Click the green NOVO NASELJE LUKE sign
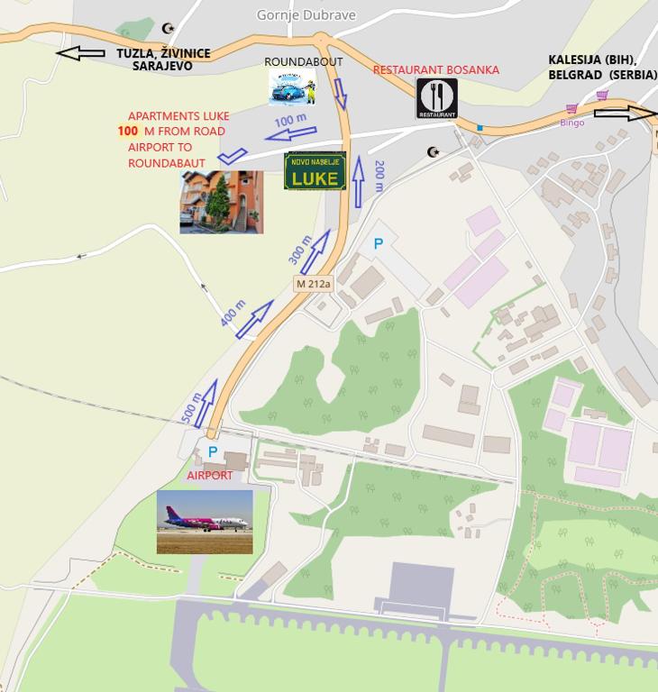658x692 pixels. (315, 171)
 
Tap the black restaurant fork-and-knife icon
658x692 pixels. (436, 98)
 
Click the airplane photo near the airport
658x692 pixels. (205, 522)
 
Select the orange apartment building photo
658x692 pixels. (221, 203)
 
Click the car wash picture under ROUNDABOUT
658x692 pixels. (292, 87)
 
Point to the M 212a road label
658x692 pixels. (314, 284)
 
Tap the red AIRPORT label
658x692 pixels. (209, 475)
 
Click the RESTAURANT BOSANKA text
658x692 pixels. (435, 70)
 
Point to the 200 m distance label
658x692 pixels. (379, 176)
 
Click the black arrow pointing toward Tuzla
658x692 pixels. (80, 53)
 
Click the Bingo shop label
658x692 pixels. (572, 123)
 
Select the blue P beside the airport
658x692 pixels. (213, 451)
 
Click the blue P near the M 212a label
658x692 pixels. (379, 243)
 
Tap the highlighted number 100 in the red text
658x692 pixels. (128, 132)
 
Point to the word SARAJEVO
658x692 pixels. (162, 67)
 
